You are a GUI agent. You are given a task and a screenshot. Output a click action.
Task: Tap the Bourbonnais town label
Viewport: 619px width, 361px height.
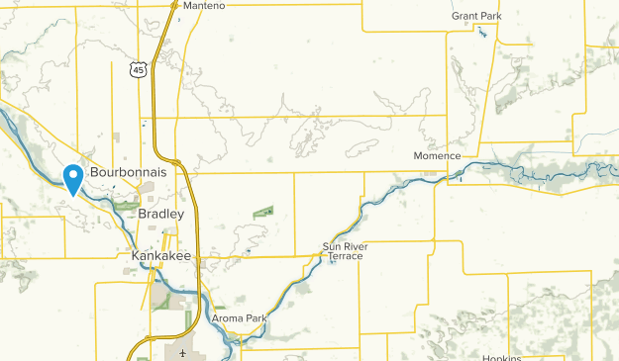click(125, 172)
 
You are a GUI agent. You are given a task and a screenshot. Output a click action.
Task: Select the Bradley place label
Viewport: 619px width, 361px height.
click(160, 214)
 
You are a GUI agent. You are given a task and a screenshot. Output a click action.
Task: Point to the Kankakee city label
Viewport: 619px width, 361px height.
click(160, 255)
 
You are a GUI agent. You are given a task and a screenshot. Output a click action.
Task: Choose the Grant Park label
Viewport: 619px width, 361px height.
click(476, 17)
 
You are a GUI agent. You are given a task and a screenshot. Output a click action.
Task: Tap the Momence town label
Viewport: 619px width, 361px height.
click(437, 156)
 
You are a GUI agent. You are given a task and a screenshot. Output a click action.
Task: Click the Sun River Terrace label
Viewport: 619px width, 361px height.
click(342, 251)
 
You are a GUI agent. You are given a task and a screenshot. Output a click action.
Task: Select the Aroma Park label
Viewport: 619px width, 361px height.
click(240, 318)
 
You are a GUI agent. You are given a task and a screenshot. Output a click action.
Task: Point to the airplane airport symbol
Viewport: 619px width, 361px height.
click(183, 353)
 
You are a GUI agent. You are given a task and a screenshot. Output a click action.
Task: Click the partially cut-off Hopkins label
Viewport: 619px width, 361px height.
click(501, 357)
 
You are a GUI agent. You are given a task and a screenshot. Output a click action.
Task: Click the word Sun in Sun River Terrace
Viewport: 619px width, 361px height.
click(331, 246)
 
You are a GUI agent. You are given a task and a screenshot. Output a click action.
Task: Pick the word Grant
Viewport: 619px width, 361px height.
click(464, 17)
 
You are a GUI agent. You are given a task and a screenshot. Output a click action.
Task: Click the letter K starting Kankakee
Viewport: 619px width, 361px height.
click(136, 255)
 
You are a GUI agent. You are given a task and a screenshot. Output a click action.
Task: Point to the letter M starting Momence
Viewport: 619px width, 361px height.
click(417, 156)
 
